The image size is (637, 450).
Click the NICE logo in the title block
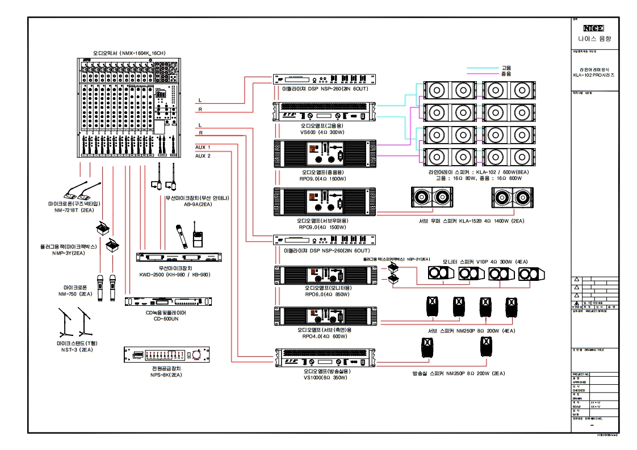tap(593, 28)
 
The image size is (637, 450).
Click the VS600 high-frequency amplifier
tap(325, 111)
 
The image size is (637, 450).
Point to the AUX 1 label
tap(203, 147)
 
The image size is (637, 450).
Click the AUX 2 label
tap(203, 155)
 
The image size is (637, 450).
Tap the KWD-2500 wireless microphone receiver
tap(179, 257)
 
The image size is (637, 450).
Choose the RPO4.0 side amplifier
tap(325, 315)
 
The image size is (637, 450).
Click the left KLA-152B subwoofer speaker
tap(431, 197)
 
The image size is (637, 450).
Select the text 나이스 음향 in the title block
tap(593, 39)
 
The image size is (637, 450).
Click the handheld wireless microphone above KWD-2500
tap(182, 236)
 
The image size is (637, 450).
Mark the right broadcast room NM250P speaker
tap(485, 347)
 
